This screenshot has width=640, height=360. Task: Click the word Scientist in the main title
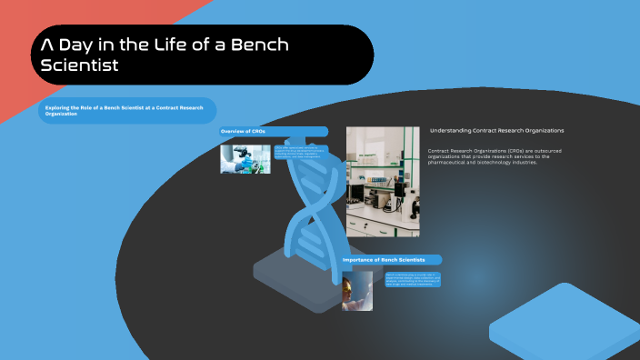(x=80, y=65)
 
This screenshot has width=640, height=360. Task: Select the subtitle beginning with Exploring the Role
(x=125, y=110)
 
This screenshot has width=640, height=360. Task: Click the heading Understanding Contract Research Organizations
(x=496, y=131)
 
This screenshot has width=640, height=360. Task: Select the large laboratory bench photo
(x=383, y=182)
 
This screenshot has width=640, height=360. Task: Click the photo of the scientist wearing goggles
(x=357, y=291)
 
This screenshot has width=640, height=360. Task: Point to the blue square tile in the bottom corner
(x=564, y=323)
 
